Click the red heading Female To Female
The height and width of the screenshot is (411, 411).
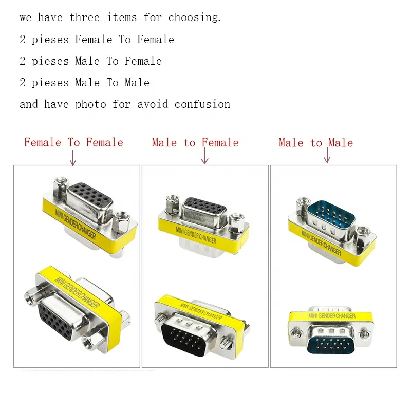pyautogui.click(x=73, y=142)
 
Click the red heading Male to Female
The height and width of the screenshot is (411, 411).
pyautogui.click(x=195, y=142)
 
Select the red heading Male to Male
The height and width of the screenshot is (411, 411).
pyautogui.click(x=316, y=142)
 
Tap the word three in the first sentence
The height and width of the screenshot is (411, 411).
pyautogui.click(x=85, y=18)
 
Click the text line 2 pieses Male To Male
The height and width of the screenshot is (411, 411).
pyautogui.click(x=85, y=83)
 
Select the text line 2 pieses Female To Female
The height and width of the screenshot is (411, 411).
pyautogui.click(x=97, y=40)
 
